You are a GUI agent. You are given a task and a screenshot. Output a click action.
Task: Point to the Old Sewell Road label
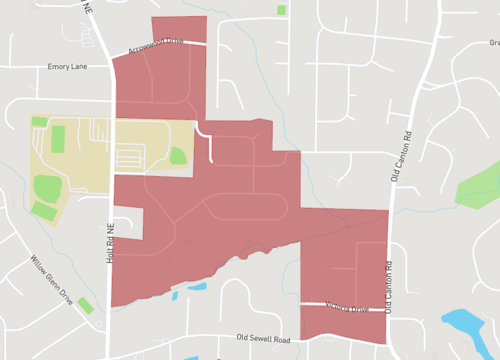point(262,340)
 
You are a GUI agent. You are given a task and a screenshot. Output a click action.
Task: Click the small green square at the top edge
point(281,10)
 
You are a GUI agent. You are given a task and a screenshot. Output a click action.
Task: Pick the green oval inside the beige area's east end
point(178,155)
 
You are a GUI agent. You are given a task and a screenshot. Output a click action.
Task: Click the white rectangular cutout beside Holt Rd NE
point(128,222)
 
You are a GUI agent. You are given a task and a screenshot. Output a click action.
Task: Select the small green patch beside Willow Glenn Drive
point(86,304)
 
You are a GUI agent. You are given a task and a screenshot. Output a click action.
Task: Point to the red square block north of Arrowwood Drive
point(179,29)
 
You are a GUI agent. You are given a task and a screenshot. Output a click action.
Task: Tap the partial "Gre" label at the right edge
point(493,43)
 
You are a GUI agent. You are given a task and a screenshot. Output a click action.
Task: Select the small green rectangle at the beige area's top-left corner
point(39,121)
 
